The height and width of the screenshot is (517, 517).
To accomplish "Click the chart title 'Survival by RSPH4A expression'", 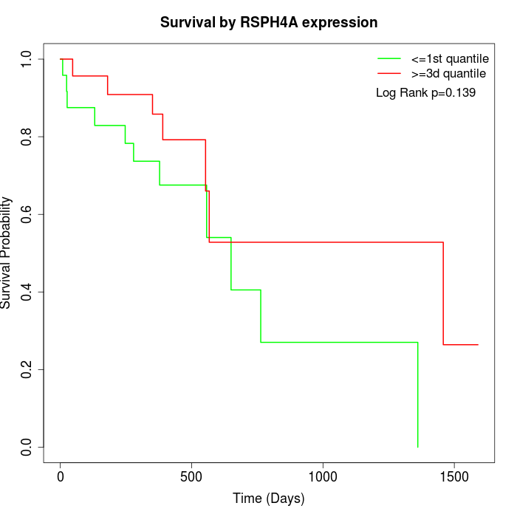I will coord(269,22).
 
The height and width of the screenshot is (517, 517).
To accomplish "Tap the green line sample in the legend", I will coord(389,58).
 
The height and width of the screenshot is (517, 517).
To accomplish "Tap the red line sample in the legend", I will coord(389,74).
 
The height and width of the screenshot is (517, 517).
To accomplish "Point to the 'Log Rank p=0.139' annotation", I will coord(425,93).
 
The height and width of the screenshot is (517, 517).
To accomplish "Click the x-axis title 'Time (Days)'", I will coord(269,499).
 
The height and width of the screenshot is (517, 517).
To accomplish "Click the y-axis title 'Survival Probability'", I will coord(7,253).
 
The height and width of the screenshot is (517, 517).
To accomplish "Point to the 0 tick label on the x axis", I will coord(61,476).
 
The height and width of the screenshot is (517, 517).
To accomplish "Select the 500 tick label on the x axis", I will coord(192,476).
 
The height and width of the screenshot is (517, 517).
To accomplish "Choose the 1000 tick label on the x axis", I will coord(323,476).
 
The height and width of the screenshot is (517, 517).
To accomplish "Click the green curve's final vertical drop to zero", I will coord(418,395).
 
